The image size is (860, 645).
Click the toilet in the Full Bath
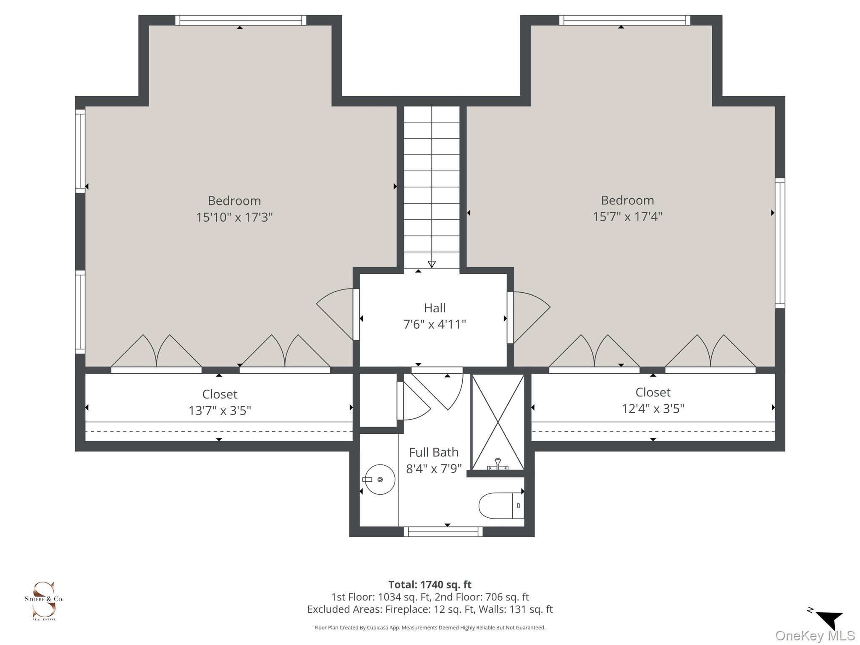(x=501, y=506)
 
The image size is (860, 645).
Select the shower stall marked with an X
(x=498, y=422)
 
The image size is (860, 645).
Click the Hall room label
(x=435, y=308)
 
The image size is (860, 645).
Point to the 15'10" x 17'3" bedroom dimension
(x=234, y=217)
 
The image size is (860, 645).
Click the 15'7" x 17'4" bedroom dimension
(x=627, y=216)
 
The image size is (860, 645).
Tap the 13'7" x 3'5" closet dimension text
(x=220, y=410)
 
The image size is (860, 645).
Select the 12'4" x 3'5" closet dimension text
(x=653, y=409)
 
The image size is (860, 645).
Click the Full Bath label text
(x=434, y=452)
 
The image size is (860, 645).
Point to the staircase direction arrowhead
(x=432, y=264)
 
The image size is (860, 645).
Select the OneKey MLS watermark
(x=815, y=636)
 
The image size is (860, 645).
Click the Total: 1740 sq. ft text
(x=430, y=585)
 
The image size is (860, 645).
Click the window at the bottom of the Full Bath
(x=443, y=532)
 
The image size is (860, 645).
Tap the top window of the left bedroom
(x=241, y=20)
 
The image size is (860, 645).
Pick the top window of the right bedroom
(x=624, y=20)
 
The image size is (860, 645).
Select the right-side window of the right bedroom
(x=780, y=243)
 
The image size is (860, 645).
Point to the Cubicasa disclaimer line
(x=430, y=628)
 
